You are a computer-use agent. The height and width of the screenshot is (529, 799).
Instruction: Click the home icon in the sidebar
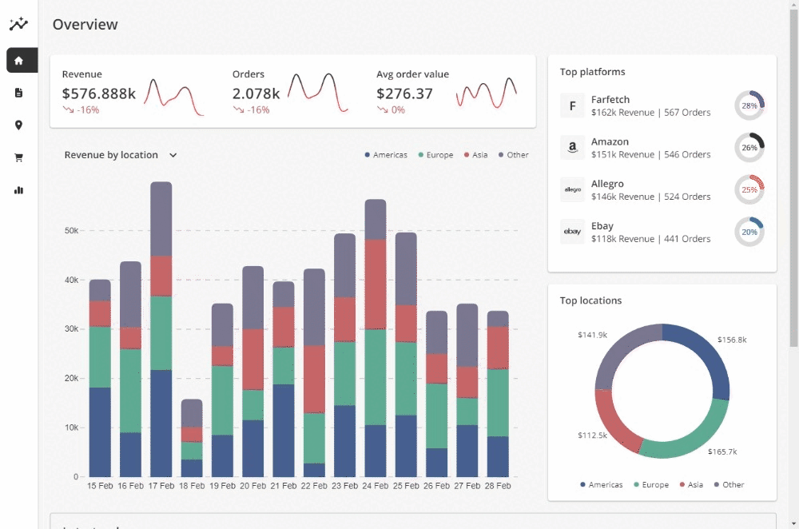point(18,60)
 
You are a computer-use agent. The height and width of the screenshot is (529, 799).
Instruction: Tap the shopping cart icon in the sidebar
point(18,157)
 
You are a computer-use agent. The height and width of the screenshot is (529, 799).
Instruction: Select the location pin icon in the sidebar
point(18,125)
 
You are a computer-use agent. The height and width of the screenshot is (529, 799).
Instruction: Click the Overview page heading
point(85,25)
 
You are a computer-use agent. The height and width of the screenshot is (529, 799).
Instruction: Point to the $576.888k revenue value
point(99,93)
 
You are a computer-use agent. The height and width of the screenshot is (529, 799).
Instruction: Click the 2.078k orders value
point(256,93)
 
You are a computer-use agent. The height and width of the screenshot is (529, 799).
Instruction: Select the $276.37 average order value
point(404,93)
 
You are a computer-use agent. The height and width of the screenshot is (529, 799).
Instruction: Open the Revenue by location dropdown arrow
point(173,155)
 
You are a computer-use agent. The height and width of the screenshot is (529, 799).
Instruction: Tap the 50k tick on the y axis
point(71,231)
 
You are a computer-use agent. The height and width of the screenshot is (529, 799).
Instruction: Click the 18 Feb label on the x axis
point(192,486)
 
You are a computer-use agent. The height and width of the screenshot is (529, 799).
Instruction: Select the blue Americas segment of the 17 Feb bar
point(161,424)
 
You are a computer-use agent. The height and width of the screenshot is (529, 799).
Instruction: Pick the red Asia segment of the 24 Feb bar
point(376,284)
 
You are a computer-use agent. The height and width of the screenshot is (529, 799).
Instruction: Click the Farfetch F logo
point(572,105)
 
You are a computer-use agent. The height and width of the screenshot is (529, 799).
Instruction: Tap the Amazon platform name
point(610,141)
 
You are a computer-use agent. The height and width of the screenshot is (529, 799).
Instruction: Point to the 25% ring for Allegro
point(749,190)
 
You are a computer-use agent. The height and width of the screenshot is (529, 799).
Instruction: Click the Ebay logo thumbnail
point(572,232)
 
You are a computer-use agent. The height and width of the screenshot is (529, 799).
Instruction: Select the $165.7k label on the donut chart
point(721,451)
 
